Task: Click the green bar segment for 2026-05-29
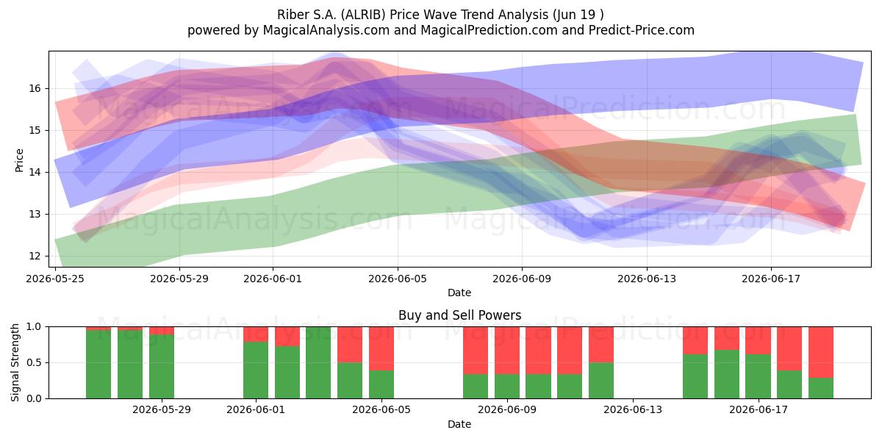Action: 162,366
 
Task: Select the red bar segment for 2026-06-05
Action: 381,348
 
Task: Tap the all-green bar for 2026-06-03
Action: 318,362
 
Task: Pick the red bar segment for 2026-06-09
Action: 507,351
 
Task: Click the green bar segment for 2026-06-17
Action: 758,376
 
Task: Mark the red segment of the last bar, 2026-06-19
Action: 821,352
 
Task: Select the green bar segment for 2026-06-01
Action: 256,370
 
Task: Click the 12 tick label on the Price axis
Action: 35,256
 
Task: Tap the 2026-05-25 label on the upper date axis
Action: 55,279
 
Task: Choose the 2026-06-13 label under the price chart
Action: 647,279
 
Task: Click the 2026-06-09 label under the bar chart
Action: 507,409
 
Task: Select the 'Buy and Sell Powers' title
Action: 459,315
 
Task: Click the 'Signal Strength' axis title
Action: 15,362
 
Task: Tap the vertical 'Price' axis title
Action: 19,160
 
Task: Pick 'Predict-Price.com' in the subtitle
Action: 642,30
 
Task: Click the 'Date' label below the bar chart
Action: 459,424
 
